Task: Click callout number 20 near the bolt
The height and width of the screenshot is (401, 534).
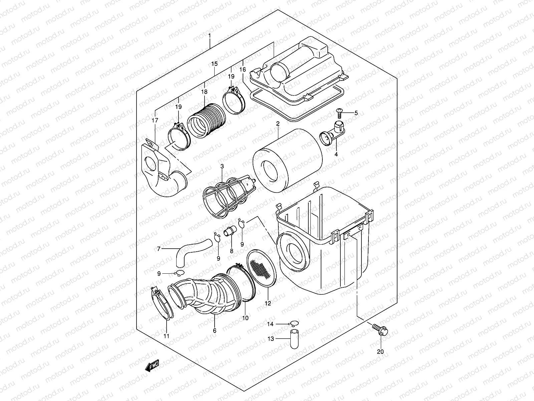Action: [381, 352]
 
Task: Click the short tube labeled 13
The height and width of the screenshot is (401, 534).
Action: [294, 339]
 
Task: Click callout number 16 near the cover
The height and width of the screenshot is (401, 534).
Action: [242, 70]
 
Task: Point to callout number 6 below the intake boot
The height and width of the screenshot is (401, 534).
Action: [214, 330]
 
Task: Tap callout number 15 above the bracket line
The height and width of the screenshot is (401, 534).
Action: [214, 63]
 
